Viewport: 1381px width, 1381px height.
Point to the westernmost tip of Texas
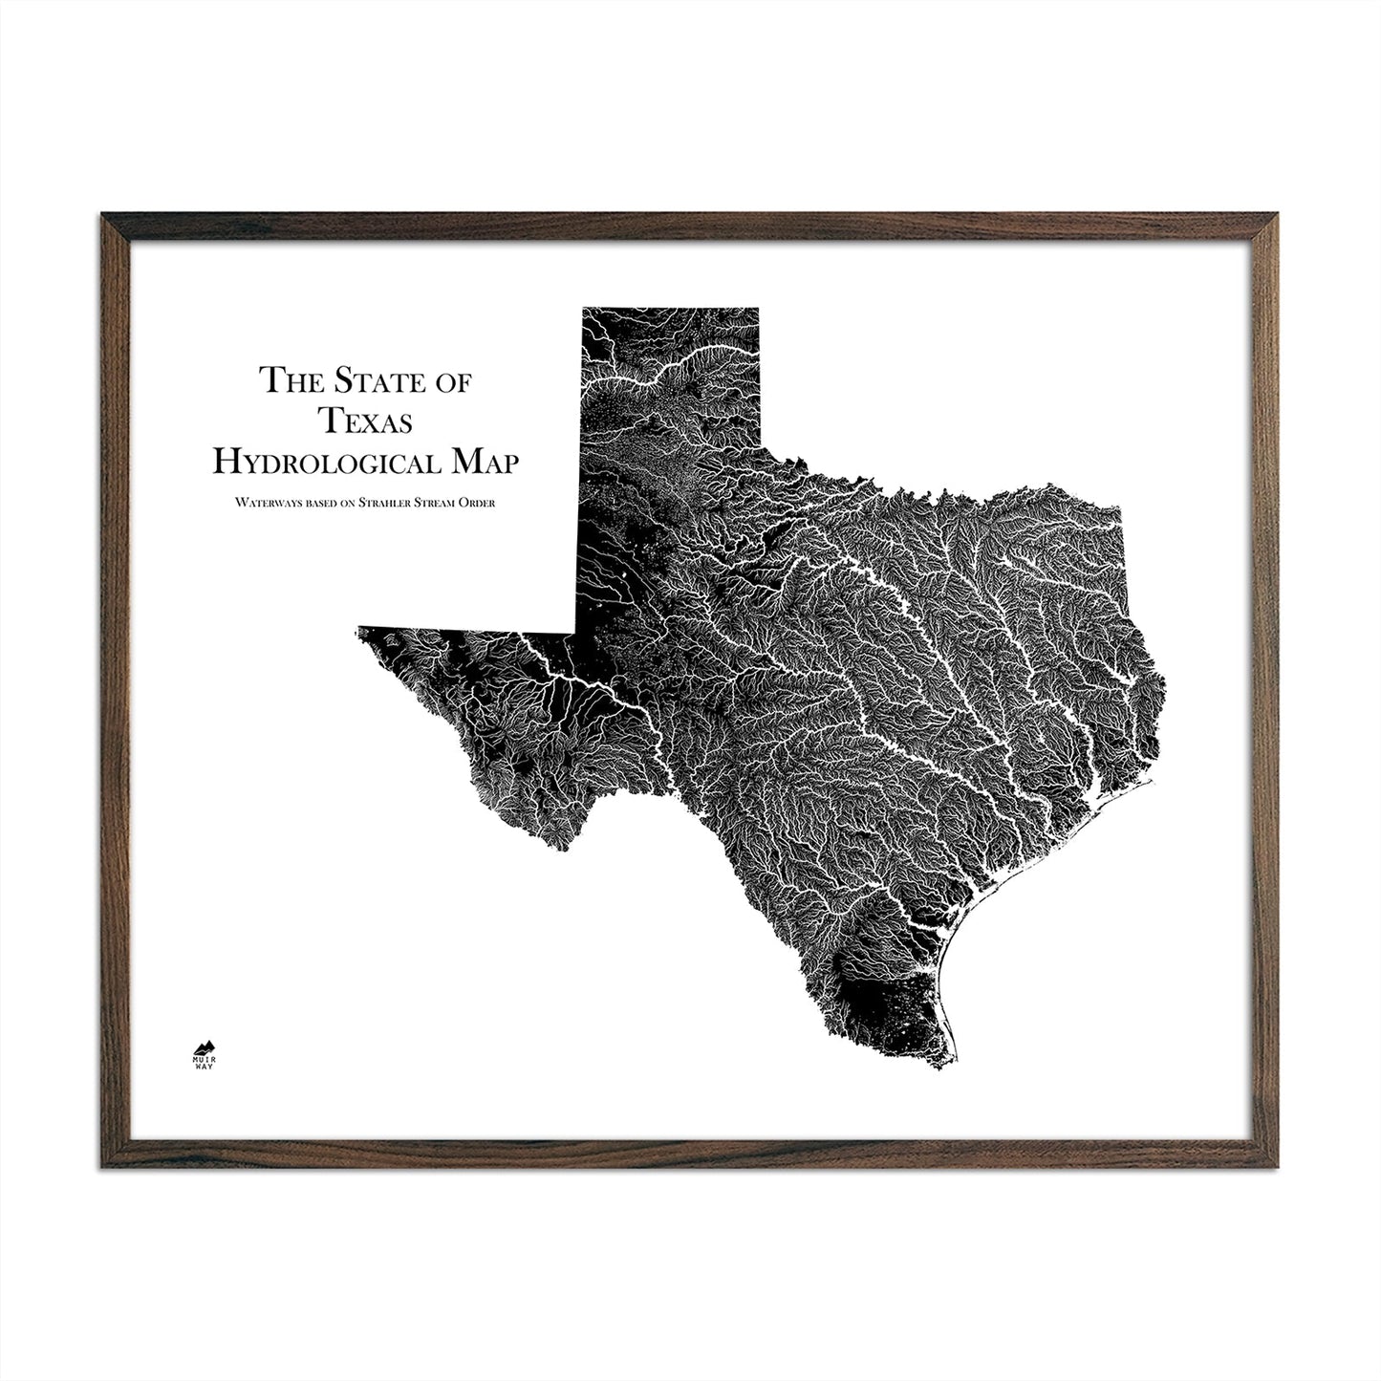point(358,629)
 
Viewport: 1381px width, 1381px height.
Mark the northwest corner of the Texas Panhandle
point(584,309)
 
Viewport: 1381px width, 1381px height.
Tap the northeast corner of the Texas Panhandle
point(758,309)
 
